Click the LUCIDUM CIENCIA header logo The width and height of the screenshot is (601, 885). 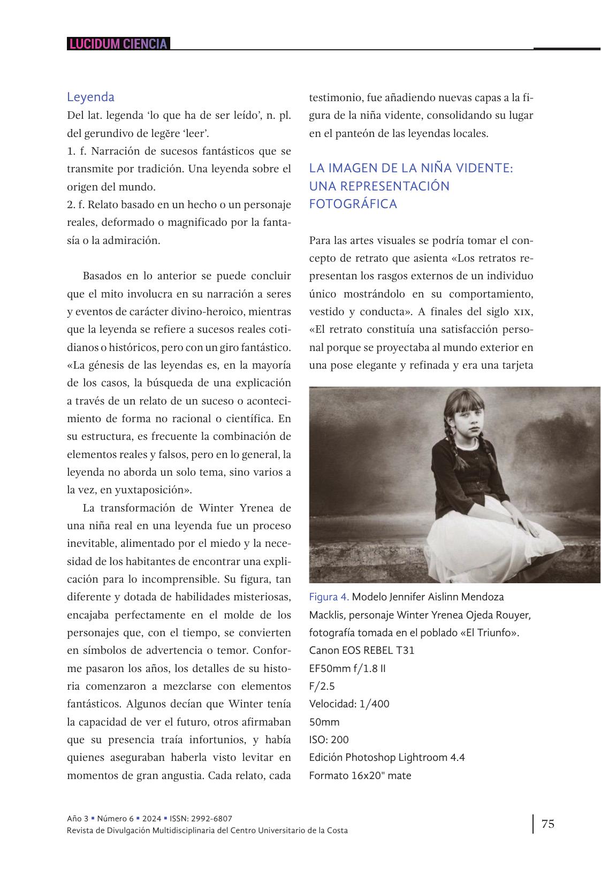click(x=118, y=44)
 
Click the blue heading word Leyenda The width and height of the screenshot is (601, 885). click(x=90, y=97)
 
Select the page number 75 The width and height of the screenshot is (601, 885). click(x=548, y=823)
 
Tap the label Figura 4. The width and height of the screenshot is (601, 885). click(x=329, y=597)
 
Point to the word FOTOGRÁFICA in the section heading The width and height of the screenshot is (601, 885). click(x=353, y=204)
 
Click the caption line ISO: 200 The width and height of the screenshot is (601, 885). click(x=329, y=739)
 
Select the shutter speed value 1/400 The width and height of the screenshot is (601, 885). click(x=375, y=704)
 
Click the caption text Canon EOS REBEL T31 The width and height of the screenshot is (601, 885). click(x=362, y=650)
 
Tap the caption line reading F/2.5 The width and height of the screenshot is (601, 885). click(x=322, y=686)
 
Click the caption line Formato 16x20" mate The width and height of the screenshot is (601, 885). click(x=360, y=775)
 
